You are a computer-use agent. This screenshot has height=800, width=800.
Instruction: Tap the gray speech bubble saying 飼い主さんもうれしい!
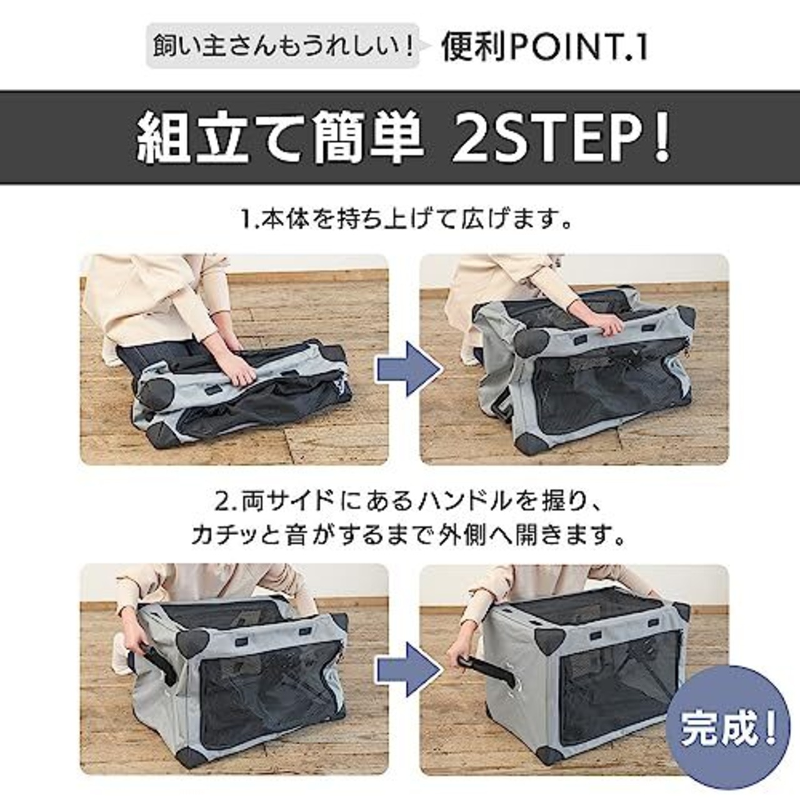282,46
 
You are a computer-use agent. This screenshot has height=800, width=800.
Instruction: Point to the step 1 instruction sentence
407,221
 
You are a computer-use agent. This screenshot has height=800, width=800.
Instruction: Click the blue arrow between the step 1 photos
407,360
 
